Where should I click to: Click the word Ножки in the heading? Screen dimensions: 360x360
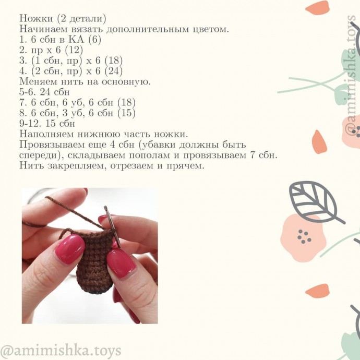pos(36,18)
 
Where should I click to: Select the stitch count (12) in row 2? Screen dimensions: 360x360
pos(74,50)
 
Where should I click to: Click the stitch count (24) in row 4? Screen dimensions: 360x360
pos(113,71)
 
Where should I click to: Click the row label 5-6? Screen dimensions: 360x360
pos(28,92)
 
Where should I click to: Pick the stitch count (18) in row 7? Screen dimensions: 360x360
pos(126,103)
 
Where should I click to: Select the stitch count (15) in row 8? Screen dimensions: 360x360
pos(126,113)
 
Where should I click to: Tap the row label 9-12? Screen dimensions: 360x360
pos(30,124)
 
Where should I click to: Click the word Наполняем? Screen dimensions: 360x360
pos(46,134)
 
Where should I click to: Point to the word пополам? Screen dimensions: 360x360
pos(149,155)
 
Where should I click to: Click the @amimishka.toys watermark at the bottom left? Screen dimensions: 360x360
pos(61,351)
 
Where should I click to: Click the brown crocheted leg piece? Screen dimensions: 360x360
pos(95,262)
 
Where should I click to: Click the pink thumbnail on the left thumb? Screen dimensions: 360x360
pos(70,249)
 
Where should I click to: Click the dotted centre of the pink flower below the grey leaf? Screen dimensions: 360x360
pos(304,236)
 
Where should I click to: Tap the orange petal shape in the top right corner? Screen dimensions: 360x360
pos(318,8)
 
